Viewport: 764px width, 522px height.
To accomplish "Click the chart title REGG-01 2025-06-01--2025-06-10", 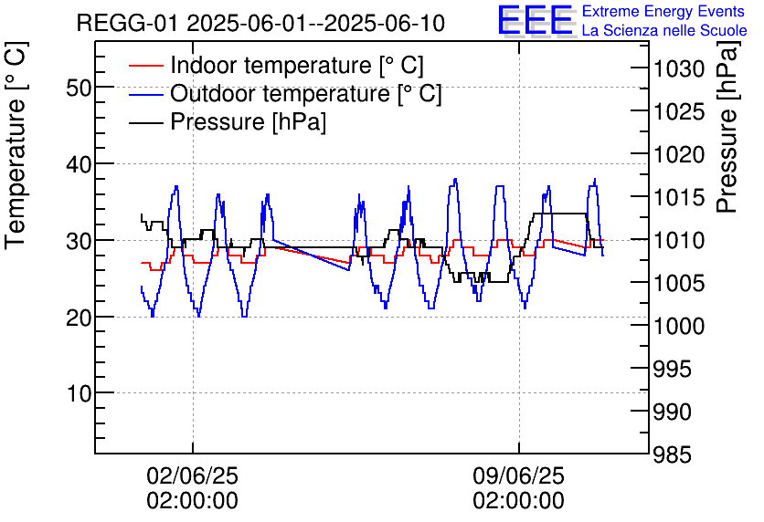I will pos(260,23).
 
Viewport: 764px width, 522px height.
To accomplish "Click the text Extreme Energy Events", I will pos(663,12).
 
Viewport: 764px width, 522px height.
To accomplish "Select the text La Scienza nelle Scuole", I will pos(663,30).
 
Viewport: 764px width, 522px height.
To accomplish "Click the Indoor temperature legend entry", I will pos(297,66).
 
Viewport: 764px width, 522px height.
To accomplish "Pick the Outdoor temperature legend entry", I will pos(306,94).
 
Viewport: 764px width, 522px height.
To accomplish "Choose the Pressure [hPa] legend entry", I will pos(249,122).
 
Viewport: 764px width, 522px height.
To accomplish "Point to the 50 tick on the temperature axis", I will pos(78,88).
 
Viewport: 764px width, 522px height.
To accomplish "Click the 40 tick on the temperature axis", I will pos(78,164).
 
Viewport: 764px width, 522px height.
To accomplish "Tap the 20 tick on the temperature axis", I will pos(78,318).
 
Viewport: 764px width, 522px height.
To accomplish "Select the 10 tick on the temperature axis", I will pos(78,393).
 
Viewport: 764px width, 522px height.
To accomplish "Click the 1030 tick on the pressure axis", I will pos(678,69).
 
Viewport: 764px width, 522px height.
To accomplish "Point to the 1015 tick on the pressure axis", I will pos(678,197).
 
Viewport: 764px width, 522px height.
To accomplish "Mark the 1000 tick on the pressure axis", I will pos(678,326).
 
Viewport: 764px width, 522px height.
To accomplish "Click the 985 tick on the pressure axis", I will pos(678,454).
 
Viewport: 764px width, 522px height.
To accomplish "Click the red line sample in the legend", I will pos(145,66).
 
